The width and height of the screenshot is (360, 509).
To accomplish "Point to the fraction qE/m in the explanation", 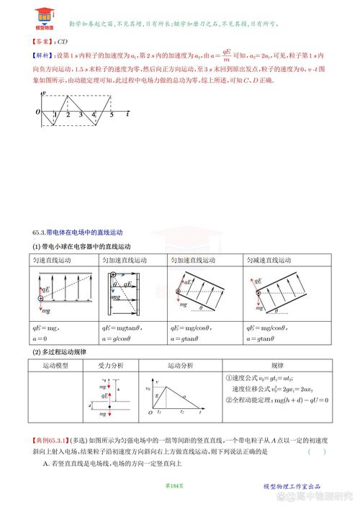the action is (x=225, y=54).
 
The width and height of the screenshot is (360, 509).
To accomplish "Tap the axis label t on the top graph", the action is (x=127, y=114).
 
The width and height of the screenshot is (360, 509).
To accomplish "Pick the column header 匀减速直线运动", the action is (x=271, y=260).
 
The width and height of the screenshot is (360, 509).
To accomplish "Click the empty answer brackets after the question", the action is (x=316, y=451).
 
